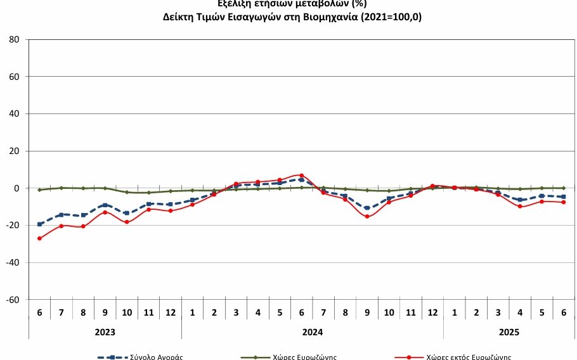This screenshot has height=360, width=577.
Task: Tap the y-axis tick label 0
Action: (19, 188)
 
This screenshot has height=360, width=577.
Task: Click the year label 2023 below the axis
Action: (105, 331)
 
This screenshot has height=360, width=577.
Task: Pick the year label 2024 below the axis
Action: (312, 331)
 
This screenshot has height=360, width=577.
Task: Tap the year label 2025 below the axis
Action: (509, 331)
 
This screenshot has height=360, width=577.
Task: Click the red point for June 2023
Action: (39, 238)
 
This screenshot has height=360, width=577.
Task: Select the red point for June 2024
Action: (301, 175)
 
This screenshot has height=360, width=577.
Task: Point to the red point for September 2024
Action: (367, 217)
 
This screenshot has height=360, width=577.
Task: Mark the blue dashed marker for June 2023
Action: (39, 224)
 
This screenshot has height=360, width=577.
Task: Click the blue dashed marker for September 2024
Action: (367, 208)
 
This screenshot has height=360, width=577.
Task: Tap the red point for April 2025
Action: (520, 206)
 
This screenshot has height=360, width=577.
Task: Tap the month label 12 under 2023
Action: (170, 312)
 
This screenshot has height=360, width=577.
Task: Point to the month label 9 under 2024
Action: (367, 312)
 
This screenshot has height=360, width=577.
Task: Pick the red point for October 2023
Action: (127, 222)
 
